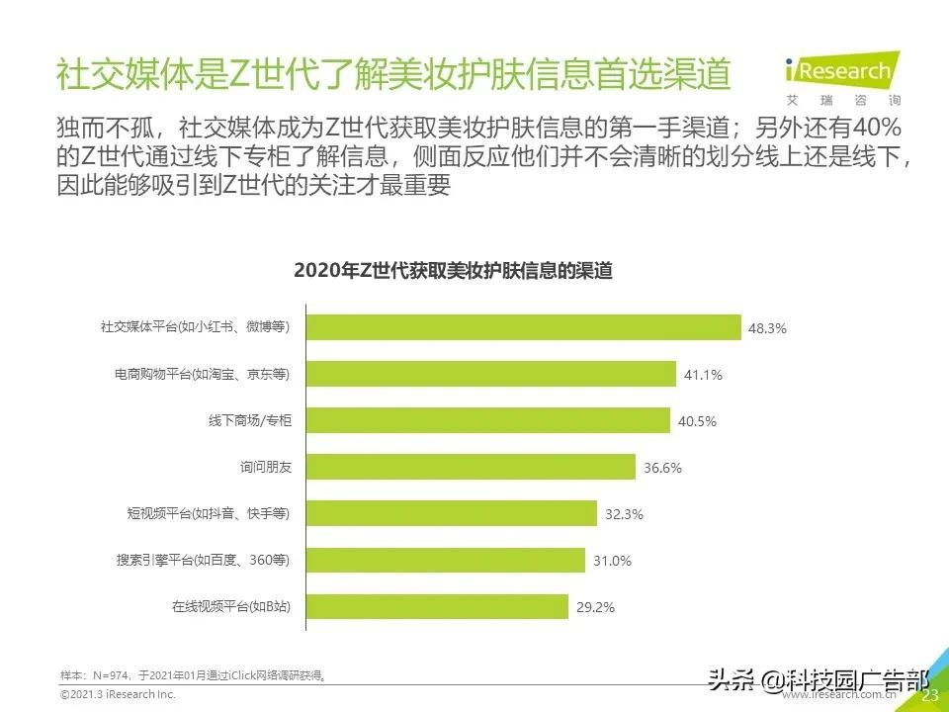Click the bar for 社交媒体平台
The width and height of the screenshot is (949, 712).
click(523, 327)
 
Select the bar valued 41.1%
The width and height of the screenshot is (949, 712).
click(490, 374)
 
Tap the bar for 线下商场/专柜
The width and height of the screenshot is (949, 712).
click(487, 420)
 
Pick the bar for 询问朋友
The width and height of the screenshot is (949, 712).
click(470, 467)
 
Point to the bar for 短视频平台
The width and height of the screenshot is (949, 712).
click(451, 513)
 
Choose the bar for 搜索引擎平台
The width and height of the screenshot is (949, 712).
click(445, 561)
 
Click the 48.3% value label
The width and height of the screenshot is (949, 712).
click(767, 328)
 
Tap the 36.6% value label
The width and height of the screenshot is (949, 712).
click(662, 468)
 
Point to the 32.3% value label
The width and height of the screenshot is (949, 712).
click(624, 514)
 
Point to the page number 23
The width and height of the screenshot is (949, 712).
click(929, 695)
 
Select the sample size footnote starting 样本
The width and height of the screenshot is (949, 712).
click(194, 675)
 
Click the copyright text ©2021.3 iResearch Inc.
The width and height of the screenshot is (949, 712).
click(118, 695)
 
